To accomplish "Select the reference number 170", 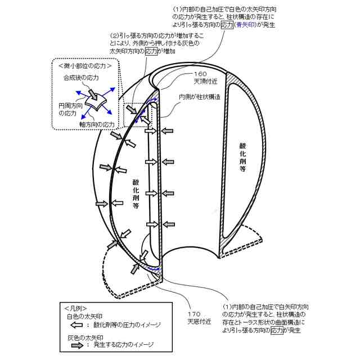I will pos(195,314).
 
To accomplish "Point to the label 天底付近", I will pos(199,322).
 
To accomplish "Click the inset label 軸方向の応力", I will pos(97,123).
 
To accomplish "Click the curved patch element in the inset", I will pos(98,100).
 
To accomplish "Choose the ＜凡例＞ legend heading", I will pos(75,308).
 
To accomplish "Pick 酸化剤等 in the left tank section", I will pos(136,194).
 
